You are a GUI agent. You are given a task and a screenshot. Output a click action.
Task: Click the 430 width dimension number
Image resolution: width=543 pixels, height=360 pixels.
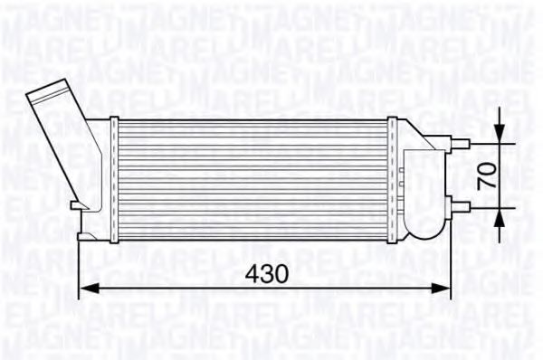pyautogui.click(x=268, y=272)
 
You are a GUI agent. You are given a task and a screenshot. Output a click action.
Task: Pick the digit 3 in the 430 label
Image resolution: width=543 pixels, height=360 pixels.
pyautogui.click(x=268, y=272)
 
